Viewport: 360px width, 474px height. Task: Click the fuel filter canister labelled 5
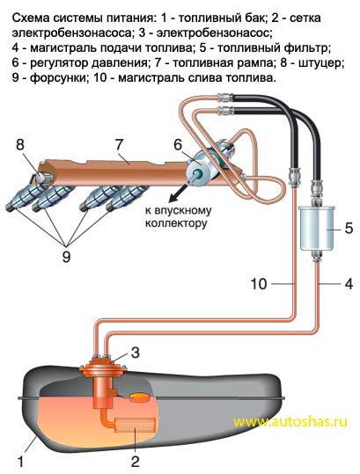(317, 229)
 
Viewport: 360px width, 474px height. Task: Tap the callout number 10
(259, 284)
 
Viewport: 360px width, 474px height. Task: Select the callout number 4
(349, 284)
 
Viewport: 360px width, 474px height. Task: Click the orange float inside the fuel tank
(139, 397)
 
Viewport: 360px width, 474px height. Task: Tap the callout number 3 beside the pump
(135, 353)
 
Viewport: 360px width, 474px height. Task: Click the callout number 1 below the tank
(20, 463)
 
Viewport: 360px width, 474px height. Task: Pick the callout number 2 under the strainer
(135, 462)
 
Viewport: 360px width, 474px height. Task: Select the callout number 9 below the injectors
(66, 257)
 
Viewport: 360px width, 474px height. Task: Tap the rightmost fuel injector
(127, 196)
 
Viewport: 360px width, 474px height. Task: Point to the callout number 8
(20, 145)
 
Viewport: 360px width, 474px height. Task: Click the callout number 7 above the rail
(119, 145)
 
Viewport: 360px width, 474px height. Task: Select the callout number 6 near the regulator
(178, 144)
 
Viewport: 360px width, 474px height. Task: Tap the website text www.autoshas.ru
(290, 421)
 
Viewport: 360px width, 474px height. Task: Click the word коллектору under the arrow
(176, 223)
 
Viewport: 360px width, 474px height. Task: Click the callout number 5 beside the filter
(349, 229)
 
